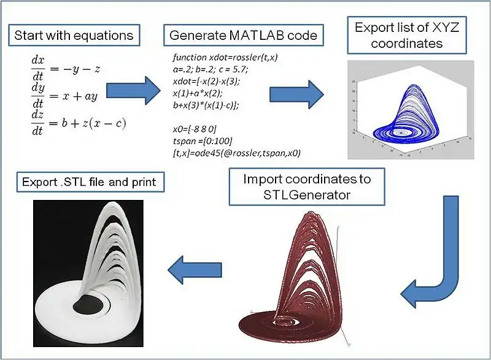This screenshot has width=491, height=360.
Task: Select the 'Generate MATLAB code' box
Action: (x=243, y=34)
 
